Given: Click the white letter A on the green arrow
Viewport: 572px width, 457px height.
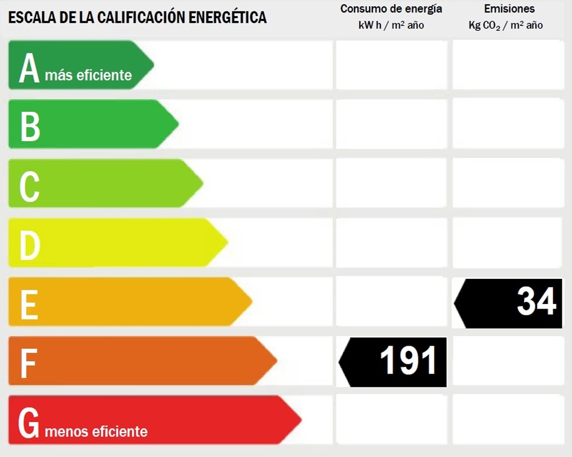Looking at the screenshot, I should click(x=29, y=69).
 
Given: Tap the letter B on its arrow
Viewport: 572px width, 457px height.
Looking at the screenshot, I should click(x=30, y=126).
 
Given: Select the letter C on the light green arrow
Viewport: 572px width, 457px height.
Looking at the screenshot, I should click(x=29, y=186).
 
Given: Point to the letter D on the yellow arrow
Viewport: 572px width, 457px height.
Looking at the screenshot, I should click(x=30, y=246).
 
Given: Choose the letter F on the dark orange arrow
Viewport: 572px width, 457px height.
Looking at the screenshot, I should click(x=28, y=363).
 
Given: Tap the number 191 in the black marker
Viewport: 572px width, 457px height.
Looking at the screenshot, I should click(x=408, y=362).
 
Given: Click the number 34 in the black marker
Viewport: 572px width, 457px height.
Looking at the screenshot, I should click(x=536, y=301).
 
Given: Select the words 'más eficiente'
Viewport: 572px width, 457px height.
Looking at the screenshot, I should click(x=88, y=75).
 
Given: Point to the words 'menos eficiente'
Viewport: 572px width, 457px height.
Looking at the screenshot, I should click(x=96, y=431).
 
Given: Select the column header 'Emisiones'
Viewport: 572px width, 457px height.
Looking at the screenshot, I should click(x=509, y=9).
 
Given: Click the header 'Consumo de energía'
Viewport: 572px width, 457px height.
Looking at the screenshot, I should click(x=391, y=9).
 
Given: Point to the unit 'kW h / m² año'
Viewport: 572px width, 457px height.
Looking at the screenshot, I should click(x=391, y=25).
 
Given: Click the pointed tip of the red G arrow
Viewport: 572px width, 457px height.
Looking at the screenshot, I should click(x=300, y=420).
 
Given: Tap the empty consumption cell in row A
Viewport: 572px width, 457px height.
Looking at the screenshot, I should click(x=391, y=65).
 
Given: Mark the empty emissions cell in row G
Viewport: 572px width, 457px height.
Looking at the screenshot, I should click(x=508, y=420).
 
